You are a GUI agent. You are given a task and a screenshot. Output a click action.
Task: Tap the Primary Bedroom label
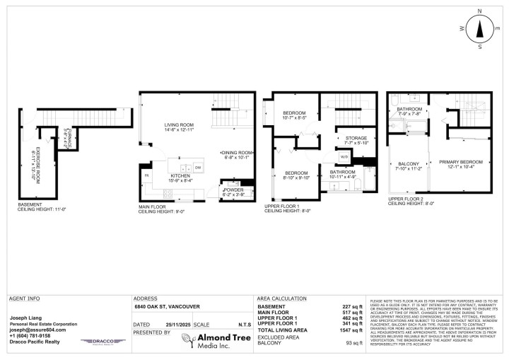pos(461,163)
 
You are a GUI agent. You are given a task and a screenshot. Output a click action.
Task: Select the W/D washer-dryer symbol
pos(344,157)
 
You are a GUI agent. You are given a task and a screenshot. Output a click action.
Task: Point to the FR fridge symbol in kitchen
pos(147,175)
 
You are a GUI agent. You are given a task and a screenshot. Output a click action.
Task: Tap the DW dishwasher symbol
pos(198,167)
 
